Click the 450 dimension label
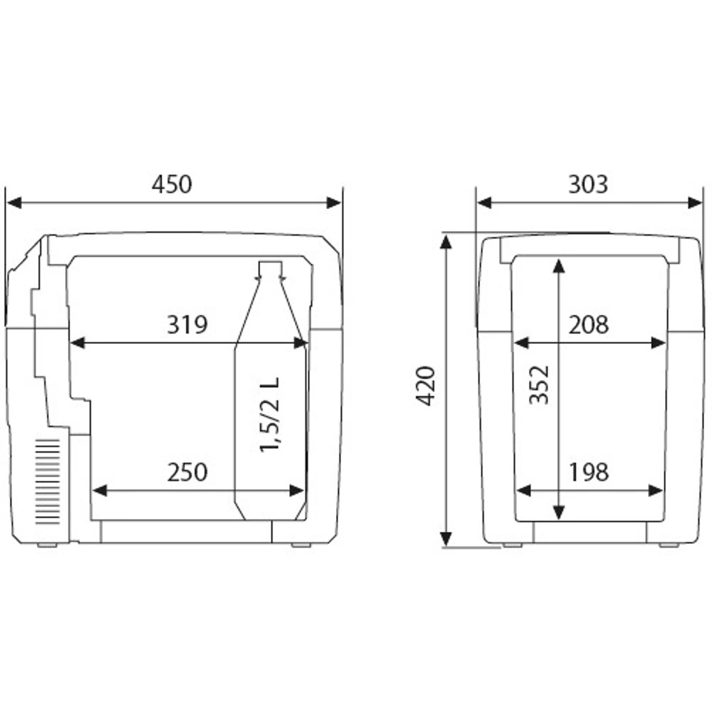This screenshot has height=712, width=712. (172, 184)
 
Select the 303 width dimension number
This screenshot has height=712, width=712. (588, 184)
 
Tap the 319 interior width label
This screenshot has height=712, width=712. (187, 325)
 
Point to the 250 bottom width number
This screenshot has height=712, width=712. (187, 472)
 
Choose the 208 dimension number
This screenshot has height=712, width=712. (588, 325)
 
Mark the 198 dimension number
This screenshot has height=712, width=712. (588, 472)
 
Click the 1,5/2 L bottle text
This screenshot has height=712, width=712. (270, 414)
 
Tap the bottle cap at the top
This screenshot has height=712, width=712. (270, 269)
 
